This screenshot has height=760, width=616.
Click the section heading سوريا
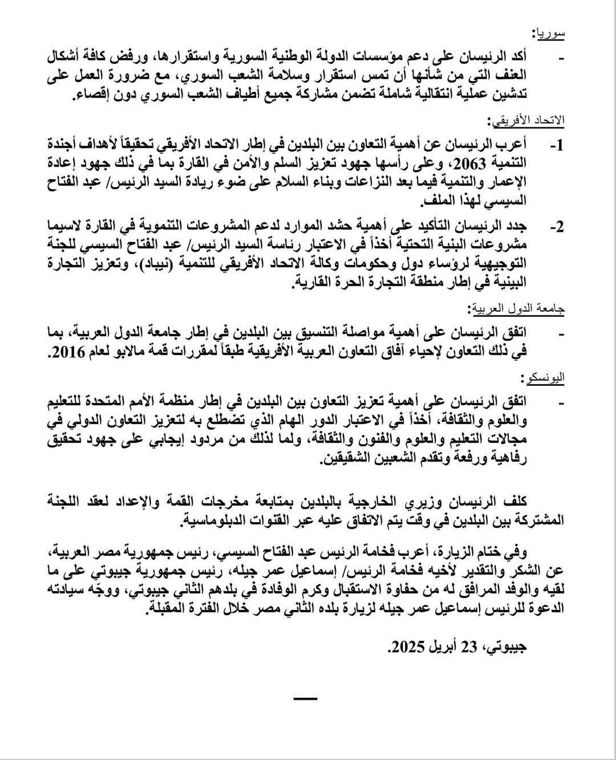tap(550, 33)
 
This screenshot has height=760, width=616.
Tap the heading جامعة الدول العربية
tap(517, 308)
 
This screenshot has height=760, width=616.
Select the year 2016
tap(65, 353)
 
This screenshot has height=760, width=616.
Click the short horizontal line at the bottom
tap(307, 698)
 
